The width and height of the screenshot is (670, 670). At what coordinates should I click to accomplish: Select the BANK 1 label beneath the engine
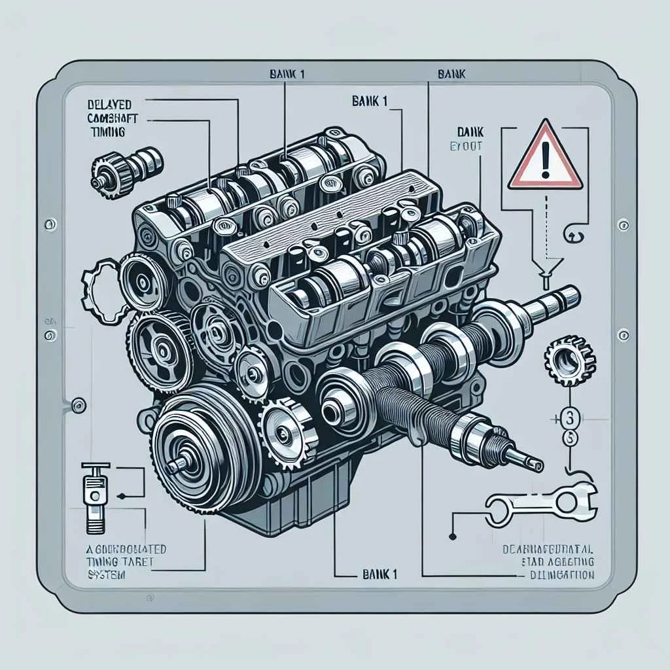tap(379, 574)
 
